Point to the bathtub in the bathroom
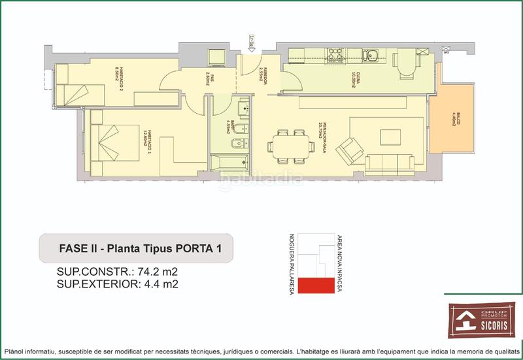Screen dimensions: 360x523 tap(229, 159)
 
